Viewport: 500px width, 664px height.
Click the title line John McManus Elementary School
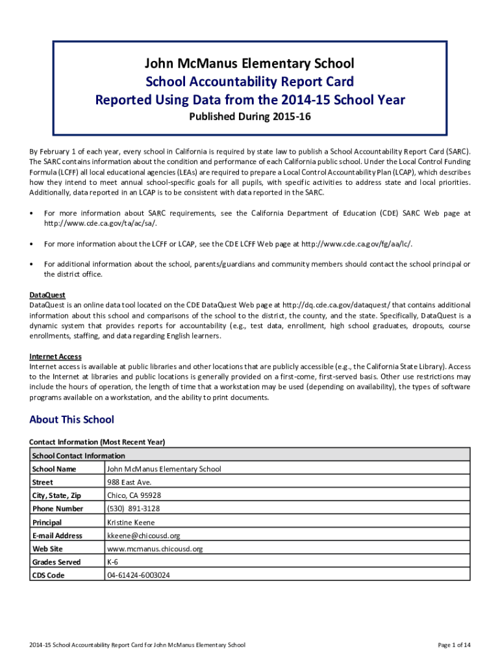point(250,64)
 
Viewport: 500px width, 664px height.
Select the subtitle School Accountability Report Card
point(250,82)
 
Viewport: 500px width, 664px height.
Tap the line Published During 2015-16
point(250,117)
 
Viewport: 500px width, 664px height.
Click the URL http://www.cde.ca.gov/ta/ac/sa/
point(101,223)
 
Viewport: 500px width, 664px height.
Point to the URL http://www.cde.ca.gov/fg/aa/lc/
point(356,243)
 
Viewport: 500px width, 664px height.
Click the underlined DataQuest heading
point(47,295)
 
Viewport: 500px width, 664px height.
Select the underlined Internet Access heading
point(55,356)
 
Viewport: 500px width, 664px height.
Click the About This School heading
point(71,420)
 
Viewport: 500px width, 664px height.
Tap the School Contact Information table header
point(78,455)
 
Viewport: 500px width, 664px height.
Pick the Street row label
point(43,482)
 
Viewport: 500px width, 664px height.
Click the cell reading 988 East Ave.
point(129,482)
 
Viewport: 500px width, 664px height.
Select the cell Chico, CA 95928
point(134,495)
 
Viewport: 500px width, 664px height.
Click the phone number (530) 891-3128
point(133,509)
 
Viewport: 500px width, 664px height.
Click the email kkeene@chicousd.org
point(144,536)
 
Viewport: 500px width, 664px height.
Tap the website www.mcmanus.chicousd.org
point(155,549)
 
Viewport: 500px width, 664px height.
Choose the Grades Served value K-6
point(112,562)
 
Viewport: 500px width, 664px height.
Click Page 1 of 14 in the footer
point(455,645)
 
